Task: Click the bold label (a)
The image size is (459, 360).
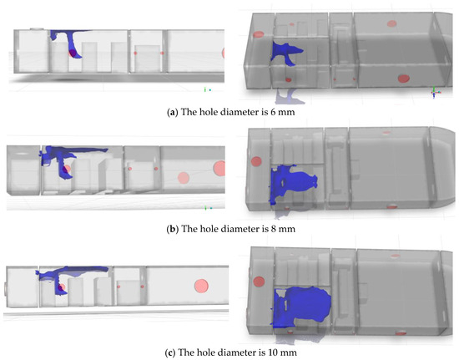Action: coord(172,112)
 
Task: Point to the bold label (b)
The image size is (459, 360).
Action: coord(173,229)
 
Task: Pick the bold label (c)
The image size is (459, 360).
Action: coord(170,352)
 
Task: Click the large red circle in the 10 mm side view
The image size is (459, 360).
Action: coord(201,286)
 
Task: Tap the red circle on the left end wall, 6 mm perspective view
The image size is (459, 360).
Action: coord(259,34)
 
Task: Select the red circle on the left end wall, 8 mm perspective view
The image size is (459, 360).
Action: coord(256,161)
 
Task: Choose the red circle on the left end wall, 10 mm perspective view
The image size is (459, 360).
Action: coord(259,282)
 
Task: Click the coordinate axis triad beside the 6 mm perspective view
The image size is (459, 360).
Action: coord(436,92)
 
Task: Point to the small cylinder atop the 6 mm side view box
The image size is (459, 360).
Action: coord(37,29)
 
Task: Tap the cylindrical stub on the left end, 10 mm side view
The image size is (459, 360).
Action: coord(5,287)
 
